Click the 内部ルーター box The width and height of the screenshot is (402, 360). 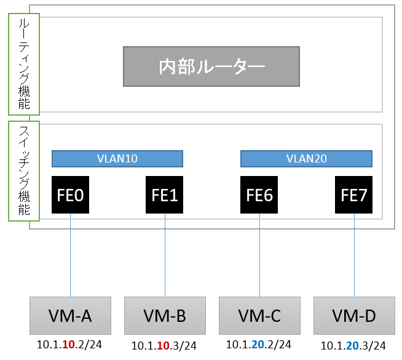[x=211, y=66]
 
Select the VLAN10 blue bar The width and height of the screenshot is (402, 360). [x=117, y=159]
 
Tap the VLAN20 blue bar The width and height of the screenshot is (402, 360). [x=306, y=159]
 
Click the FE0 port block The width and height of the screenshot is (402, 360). [x=70, y=194]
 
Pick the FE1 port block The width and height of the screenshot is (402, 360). [x=164, y=194]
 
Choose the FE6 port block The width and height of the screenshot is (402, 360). [x=259, y=194]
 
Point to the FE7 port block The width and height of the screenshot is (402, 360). [x=353, y=194]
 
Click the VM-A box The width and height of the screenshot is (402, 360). [x=70, y=316]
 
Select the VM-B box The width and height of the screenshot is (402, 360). [x=165, y=316]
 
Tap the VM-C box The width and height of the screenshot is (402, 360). [x=259, y=316]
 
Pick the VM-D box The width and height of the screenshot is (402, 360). [x=354, y=316]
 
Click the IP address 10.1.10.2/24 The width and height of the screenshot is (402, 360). [x=69, y=345]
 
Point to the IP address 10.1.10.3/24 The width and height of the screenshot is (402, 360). [x=164, y=346]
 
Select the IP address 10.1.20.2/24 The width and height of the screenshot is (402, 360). [x=258, y=345]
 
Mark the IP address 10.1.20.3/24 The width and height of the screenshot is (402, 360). [x=353, y=346]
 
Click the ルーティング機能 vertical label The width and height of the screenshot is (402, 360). [x=24, y=64]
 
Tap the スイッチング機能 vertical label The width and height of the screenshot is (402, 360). [x=24, y=171]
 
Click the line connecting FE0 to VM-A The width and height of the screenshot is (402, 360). [x=70, y=255]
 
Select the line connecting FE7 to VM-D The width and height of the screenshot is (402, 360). [x=354, y=255]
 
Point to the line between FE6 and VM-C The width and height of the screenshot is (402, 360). [x=260, y=255]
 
